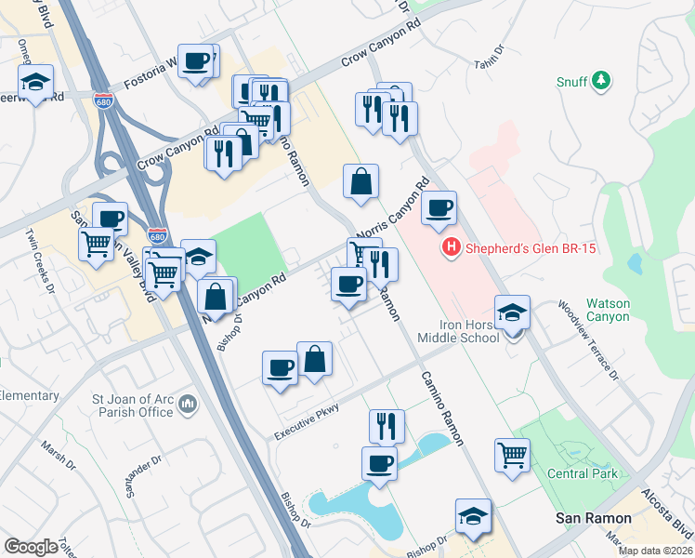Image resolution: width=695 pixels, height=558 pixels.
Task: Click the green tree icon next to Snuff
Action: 602,81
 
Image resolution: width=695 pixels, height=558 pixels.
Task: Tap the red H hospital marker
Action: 452,247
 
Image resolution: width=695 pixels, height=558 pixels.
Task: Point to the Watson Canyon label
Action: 608,311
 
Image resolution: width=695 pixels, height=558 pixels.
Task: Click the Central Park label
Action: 582,473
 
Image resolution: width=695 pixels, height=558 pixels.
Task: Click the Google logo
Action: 31,546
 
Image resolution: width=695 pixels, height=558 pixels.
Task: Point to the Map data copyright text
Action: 654,551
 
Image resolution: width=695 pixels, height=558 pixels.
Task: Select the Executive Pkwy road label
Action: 307,421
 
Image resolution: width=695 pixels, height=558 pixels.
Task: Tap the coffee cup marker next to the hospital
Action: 439,207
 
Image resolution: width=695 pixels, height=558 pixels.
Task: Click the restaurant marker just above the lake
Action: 387,425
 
